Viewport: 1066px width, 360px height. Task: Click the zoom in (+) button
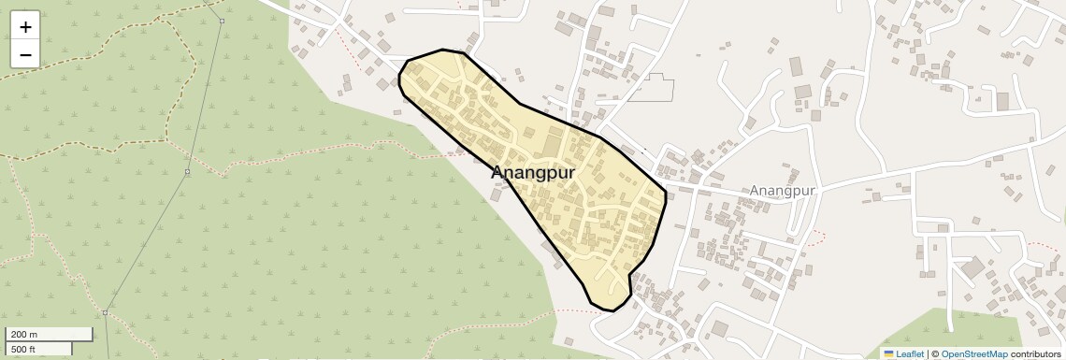(x=25, y=27)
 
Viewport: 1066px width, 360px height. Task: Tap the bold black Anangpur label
(x=533, y=173)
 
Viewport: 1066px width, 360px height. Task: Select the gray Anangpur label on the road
(x=783, y=190)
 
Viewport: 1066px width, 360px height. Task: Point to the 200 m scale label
(x=25, y=334)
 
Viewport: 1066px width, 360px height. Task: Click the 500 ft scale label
(x=24, y=349)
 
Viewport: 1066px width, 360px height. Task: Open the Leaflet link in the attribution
(x=910, y=353)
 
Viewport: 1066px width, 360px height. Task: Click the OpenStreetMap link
(x=973, y=353)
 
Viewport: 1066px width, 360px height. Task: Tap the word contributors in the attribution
(x=1035, y=353)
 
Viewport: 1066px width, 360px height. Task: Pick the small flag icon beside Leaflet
(x=889, y=353)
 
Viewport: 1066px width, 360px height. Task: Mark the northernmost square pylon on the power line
(x=222, y=21)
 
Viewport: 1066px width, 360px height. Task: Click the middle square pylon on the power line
(x=187, y=172)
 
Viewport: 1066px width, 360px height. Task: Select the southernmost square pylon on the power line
(x=106, y=312)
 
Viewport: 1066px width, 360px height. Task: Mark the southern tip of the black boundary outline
(x=610, y=310)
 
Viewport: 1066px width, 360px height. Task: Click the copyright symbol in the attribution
(x=934, y=353)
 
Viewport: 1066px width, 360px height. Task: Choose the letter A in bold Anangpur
(x=499, y=173)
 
